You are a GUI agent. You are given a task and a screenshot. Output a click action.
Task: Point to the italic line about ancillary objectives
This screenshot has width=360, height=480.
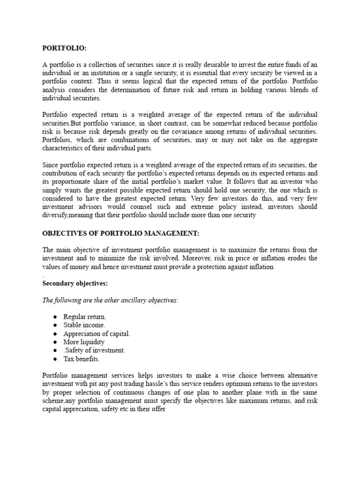pyautogui.click(x=110, y=300)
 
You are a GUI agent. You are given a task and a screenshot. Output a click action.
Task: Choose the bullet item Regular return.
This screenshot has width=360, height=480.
pyautogui.click(x=85, y=317)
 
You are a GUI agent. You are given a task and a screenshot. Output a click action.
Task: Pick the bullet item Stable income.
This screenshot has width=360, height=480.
pyautogui.click(x=84, y=325)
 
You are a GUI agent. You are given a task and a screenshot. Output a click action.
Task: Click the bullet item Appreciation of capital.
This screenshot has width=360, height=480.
pyautogui.click(x=97, y=334)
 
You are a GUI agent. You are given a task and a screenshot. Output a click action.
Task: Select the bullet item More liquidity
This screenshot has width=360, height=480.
pyautogui.click(x=84, y=342)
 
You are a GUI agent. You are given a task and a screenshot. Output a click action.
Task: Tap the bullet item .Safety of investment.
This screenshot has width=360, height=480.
pyautogui.click(x=94, y=351)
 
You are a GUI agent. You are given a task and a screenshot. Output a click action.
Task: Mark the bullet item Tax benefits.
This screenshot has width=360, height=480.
pyautogui.click(x=82, y=359)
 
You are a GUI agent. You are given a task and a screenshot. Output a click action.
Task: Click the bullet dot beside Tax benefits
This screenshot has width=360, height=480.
pyautogui.click(x=55, y=359)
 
